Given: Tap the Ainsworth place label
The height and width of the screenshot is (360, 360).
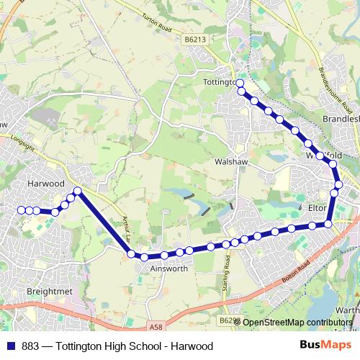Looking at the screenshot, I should point(168,269).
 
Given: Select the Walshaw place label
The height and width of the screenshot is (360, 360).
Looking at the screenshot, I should point(231,163).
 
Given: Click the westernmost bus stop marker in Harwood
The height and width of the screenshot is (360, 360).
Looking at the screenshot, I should point(21,210).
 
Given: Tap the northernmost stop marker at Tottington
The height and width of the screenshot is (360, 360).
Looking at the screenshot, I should point(240,84).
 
